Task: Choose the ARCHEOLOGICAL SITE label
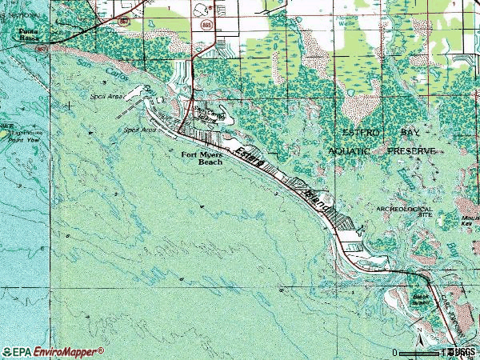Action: point(403,211)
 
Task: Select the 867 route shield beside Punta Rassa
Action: point(39,48)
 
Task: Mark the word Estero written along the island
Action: point(250,158)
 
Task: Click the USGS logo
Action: point(462,351)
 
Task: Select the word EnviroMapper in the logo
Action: point(67,351)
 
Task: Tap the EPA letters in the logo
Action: point(19,351)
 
